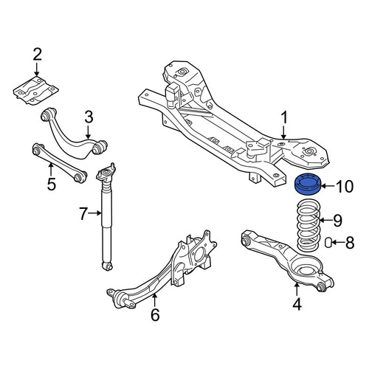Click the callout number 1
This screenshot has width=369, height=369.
click(284, 117)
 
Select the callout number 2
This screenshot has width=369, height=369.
click(37, 55)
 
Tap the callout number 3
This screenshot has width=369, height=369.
click(89, 117)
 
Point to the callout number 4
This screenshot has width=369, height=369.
click(297, 304)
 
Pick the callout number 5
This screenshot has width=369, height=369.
click(52, 184)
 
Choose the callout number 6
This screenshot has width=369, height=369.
click(155, 314)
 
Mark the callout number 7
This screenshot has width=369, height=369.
click(83, 213)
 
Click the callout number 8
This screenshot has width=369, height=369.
click(350, 243)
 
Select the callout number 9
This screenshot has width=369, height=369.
click(337, 221)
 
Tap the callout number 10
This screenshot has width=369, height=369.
click(345, 187)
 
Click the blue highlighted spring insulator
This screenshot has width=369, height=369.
click(308, 184)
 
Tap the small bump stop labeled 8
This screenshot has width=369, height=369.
click(328, 242)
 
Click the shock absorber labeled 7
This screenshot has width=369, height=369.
click(106, 216)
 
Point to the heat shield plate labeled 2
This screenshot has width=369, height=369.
click(36, 90)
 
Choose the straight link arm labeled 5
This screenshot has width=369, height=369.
click(60, 163)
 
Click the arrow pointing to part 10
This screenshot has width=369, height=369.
click(328, 186)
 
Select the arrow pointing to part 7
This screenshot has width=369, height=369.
click(95, 213)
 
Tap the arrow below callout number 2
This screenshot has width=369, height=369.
click(37, 69)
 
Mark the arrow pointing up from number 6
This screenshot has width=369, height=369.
click(154, 300)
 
